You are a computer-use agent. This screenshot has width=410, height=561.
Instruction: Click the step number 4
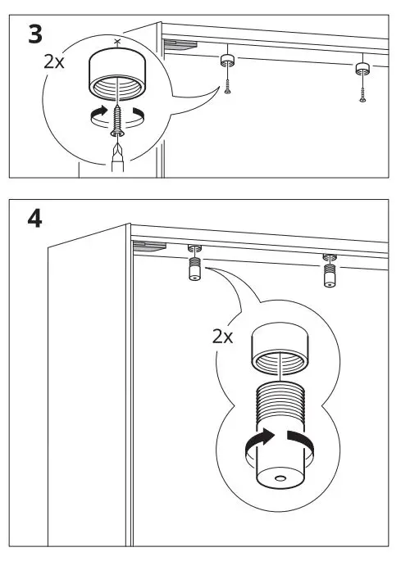click(x=34, y=221)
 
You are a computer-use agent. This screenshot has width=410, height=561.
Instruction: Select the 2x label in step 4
click(x=222, y=337)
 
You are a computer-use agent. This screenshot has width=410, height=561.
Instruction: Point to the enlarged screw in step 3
click(x=119, y=123)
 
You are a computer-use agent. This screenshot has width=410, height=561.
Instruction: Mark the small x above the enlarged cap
click(x=117, y=41)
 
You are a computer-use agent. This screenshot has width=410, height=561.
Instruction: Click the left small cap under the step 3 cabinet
click(x=227, y=61)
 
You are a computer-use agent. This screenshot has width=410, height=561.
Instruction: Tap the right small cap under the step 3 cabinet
click(x=362, y=67)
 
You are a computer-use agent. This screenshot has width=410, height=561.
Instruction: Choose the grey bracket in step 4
click(x=148, y=244)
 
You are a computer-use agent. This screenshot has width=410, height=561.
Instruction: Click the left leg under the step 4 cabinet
click(x=195, y=268)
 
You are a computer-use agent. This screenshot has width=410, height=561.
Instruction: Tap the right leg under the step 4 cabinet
click(x=329, y=274)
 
